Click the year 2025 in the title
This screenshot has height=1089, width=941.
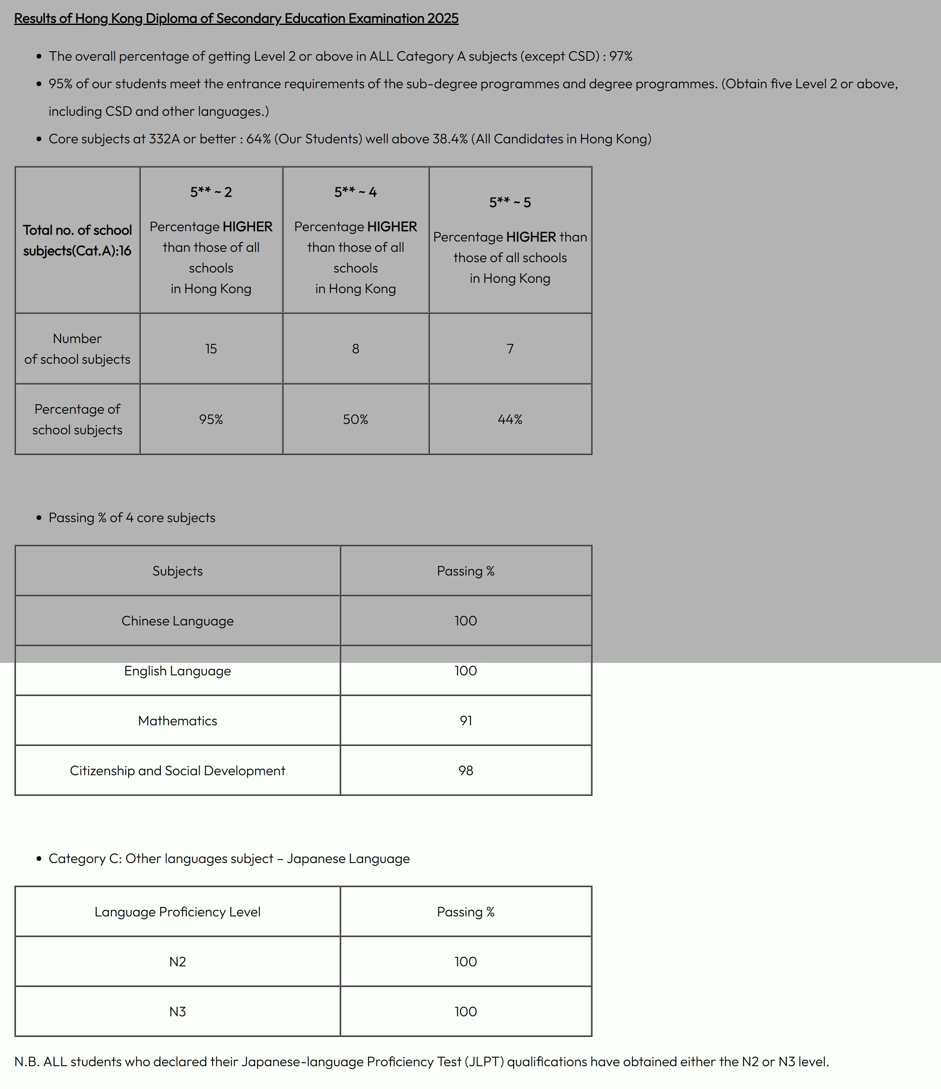pyautogui.click(x=442, y=19)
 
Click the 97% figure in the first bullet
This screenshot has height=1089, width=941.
pyautogui.click(x=620, y=56)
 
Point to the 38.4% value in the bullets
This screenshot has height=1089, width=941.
pyautogui.click(x=450, y=139)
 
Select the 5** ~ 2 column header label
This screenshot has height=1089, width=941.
pyautogui.click(x=211, y=192)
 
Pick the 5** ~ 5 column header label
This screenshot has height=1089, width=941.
pyautogui.click(x=509, y=203)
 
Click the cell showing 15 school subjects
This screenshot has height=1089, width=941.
pyautogui.click(x=211, y=349)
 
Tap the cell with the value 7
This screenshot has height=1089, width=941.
pyautogui.click(x=509, y=349)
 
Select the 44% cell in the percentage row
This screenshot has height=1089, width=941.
pyautogui.click(x=509, y=419)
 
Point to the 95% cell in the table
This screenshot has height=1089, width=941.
pyautogui.click(x=211, y=419)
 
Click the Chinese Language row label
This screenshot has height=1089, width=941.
pyautogui.click(x=177, y=621)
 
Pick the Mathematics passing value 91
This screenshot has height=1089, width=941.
pyautogui.click(x=466, y=721)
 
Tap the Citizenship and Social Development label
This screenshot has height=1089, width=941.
pyautogui.click(x=177, y=770)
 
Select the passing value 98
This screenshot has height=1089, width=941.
pyautogui.click(x=466, y=770)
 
